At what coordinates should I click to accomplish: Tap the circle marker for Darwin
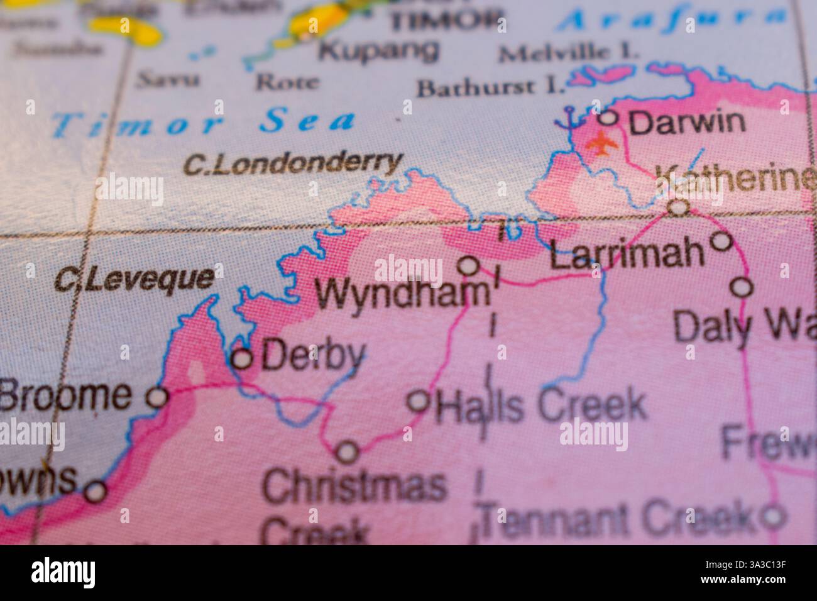click(608, 117)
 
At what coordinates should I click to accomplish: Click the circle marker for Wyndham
click(468, 266)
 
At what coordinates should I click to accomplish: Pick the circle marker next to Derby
click(243, 359)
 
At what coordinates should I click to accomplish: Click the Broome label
click(66, 395)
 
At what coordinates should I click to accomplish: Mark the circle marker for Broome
click(157, 397)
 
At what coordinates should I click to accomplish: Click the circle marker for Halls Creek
click(419, 400)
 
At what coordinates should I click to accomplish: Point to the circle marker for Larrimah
click(721, 240)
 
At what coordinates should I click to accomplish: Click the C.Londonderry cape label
click(293, 164)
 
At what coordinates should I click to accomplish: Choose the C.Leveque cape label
click(134, 278)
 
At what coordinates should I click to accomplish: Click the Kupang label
click(378, 50)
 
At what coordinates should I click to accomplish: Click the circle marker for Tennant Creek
click(772, 517)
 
